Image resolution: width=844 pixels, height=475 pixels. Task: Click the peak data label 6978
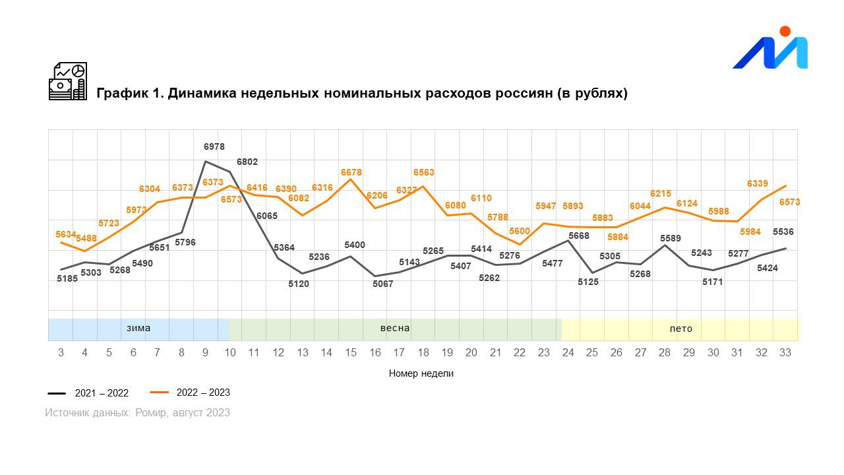[214, 147]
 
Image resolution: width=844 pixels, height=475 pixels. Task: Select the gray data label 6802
[247, 162]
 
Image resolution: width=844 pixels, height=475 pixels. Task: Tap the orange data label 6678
[351, 173]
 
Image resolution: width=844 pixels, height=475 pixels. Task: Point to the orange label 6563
[424, 173]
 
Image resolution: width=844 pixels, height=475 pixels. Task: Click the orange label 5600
[520, 232]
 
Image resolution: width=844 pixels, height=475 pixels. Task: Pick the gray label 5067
[382, 284]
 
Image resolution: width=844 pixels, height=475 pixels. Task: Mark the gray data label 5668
[579, 236]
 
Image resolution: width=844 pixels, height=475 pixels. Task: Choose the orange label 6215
[661, 194]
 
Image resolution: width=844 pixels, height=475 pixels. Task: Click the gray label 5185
[67, 279]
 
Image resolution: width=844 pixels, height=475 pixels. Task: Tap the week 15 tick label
[351, 353]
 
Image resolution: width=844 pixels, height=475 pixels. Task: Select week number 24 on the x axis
[568, 353]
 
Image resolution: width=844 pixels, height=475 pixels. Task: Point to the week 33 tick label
[785, 353]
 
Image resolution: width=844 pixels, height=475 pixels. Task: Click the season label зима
[138, 329]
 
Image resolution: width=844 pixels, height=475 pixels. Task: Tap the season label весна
[395, 329]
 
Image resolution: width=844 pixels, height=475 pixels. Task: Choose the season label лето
[680, 329]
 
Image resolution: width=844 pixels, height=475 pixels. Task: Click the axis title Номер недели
[421, 373]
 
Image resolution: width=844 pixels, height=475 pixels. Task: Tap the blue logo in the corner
[771, 50]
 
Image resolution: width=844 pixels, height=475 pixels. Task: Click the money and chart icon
[68, 81]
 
